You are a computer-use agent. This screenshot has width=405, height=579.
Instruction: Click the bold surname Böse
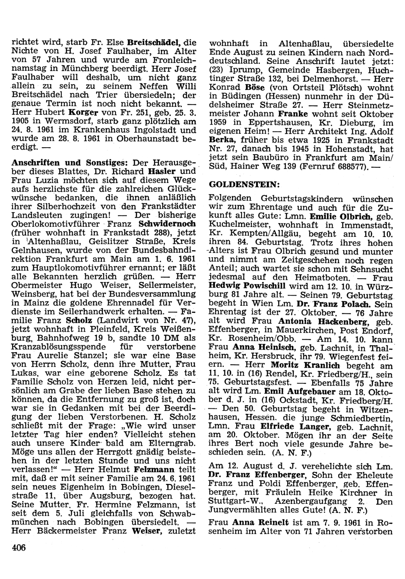pyautogui.click(x=254, y=88)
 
